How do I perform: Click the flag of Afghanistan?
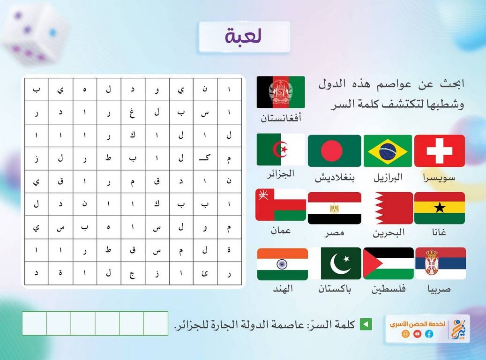pyautogui.click(x=281, y=92)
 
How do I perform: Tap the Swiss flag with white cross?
pyautogui.click(x=439, y=150)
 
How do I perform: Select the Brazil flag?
pyautogui.click(x=388, y=150)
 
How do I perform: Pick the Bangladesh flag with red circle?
pyautogui.click(x=335, y=150)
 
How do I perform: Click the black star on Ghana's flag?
pyautogui.click(x=440, y=208)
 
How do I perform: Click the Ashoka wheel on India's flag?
pyautogui.click(x=282, y=264)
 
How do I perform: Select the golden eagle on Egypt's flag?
pyautogui.click(x=334, y=208)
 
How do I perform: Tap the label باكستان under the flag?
pyautogui.click(x=335, y=289)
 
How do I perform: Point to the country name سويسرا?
pyautogui.click(x=439, y=178)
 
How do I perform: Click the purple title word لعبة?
pyautogui.click(x=244, y=36)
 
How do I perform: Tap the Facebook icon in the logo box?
pyautogui.click(x=429, y=334)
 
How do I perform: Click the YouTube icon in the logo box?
pyautogui.click(x=418, y=334)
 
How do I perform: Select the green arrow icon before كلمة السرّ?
pyautogui.click(x=366, y=324)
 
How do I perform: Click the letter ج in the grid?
pyautogui.click(x=132, y=274)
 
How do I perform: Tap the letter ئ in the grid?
pyautogui.click(x=205, y=273)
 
